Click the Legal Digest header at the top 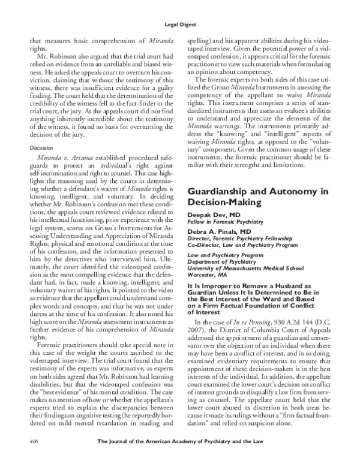tap(179, 25)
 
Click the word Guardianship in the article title tap(220, 191)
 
